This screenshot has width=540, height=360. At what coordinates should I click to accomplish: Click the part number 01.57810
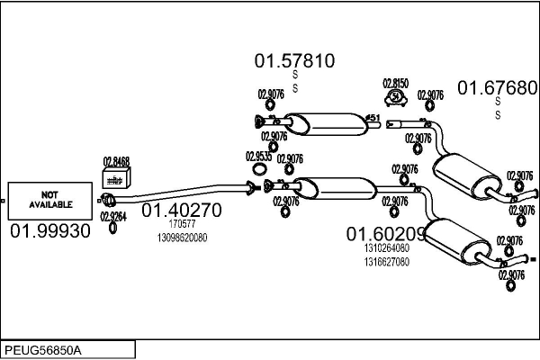294,61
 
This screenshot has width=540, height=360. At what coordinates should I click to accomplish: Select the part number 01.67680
498,87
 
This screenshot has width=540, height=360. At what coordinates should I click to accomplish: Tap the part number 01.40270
181,211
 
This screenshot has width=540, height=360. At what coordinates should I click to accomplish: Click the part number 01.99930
50,231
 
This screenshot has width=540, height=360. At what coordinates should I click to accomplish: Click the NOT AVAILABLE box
49,200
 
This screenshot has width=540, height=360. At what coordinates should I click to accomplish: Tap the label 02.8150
395,83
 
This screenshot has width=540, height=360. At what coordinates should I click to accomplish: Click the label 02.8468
116,162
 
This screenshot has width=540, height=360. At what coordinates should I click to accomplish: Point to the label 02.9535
258,156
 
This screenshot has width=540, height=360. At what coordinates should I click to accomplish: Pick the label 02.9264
112,216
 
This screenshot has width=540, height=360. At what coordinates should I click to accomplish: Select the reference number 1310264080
387,248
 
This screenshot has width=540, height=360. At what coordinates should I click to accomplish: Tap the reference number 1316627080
387,262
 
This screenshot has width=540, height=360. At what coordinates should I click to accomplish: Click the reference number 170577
182,224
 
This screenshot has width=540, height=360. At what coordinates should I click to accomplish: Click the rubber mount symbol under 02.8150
395,96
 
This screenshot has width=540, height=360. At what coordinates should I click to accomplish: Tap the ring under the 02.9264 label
112,229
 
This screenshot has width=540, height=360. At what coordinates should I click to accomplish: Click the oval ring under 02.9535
259,168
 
